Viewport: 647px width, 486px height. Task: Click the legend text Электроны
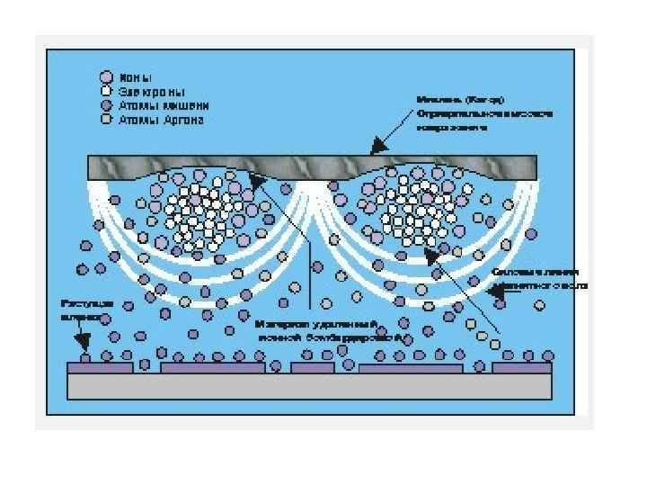[152, 91]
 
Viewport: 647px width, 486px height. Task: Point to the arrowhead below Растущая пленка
[84, 344]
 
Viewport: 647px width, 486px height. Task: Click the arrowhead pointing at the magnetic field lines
[492, 291]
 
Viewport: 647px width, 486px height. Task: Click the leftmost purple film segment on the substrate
[101, 367]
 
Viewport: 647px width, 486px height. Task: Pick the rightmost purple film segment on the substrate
[521, 367]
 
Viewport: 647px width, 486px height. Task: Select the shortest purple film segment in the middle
[313, 367]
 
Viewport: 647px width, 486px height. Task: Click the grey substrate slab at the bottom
[310, 385]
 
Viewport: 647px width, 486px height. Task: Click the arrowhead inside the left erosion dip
[258, 183]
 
